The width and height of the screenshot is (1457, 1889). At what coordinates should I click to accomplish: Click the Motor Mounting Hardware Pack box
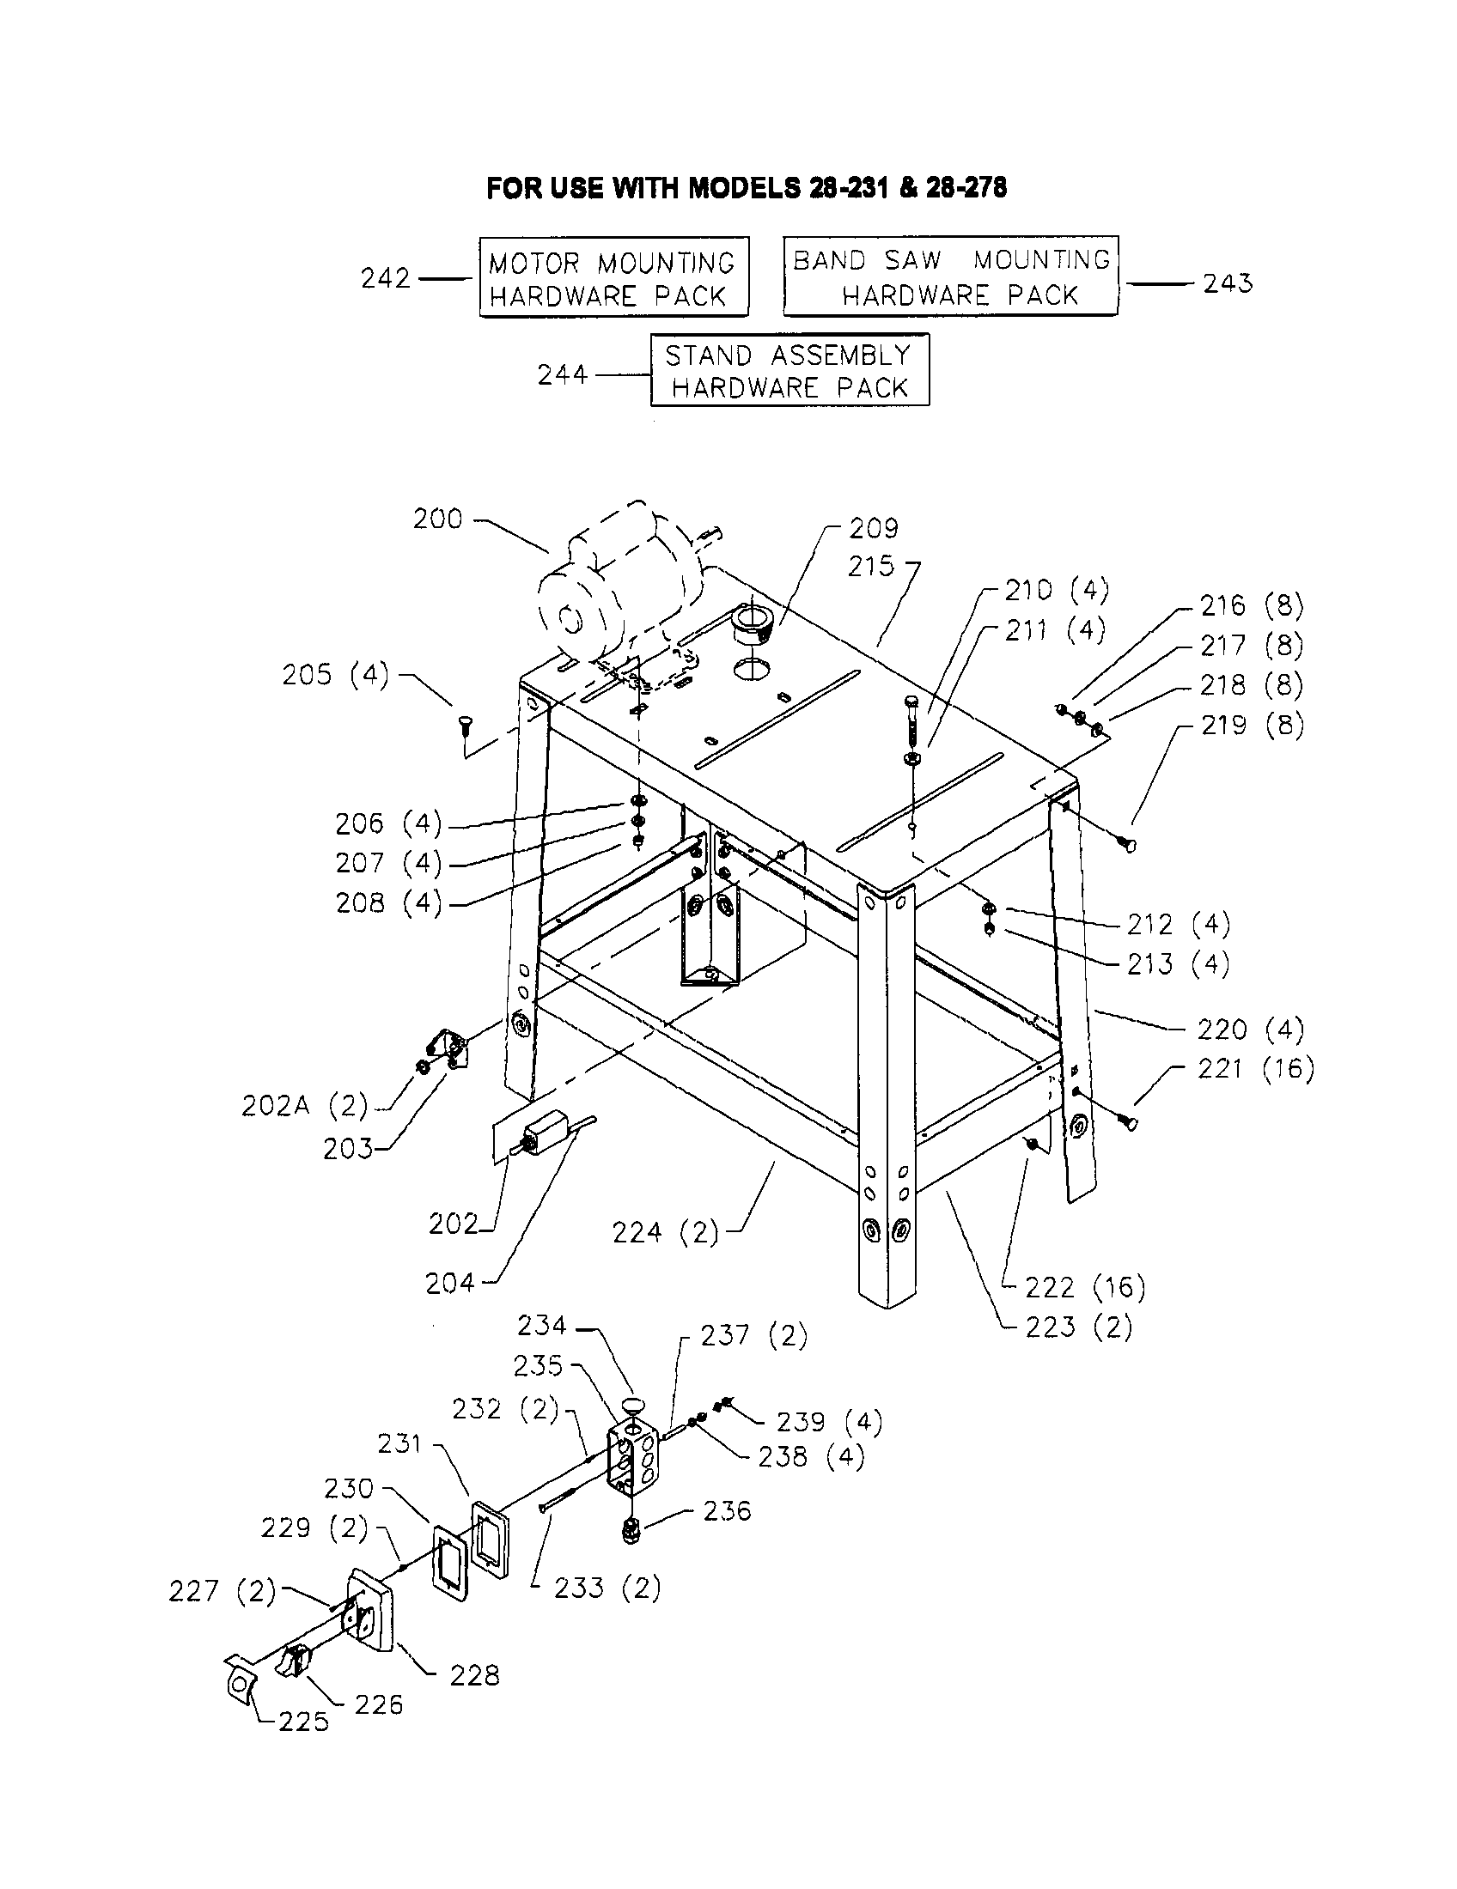(613, 277)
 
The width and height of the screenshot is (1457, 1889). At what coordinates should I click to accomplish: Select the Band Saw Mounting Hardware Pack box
(950, 276)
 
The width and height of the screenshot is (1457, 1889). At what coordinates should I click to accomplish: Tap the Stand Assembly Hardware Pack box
(789, 370)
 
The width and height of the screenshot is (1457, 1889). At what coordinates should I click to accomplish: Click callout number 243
(1227, 283)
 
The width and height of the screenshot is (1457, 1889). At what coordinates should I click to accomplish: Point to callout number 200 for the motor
(437, 519)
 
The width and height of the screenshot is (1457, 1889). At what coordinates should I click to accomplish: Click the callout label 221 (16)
(1254, 1069)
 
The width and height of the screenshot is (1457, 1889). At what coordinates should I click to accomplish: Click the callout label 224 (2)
(664, 1231)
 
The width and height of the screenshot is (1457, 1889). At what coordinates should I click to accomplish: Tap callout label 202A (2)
(305, 1106)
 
